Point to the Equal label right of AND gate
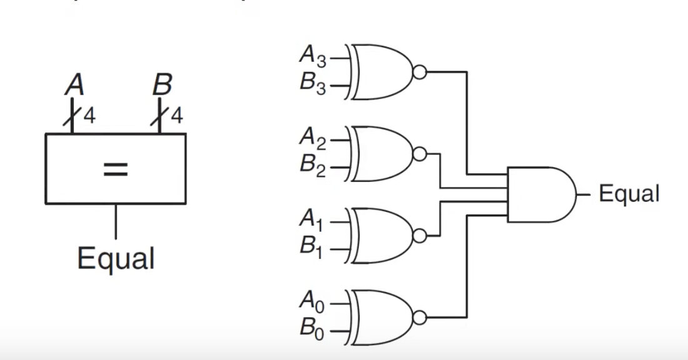click(x=629, y=194)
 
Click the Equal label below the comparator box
click(x=116, y=258)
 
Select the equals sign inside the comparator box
click(x=116, y=168)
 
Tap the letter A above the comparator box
click(x=74, y=84)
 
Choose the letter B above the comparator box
click(x=162, y=84)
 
